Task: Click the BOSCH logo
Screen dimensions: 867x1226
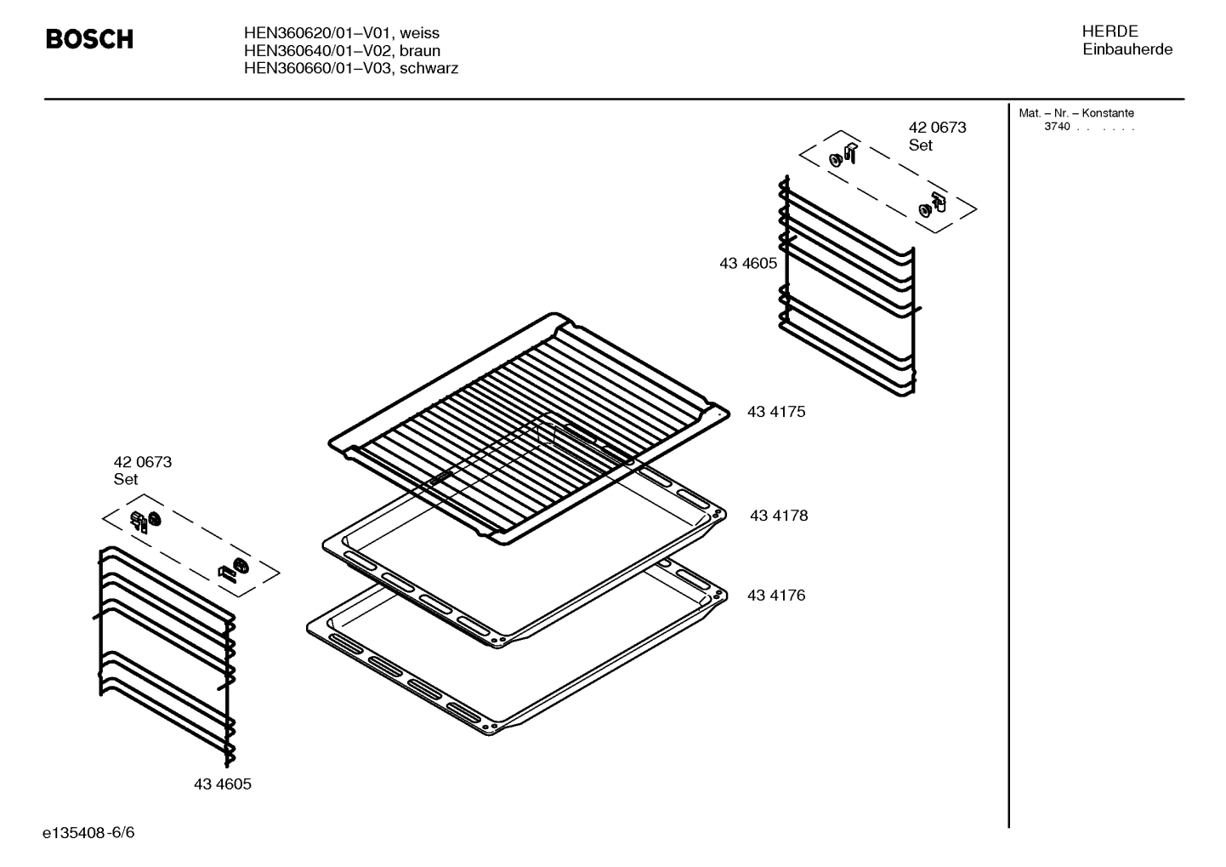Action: click(89, 39)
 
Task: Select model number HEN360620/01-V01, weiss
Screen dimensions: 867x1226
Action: click(341, 33)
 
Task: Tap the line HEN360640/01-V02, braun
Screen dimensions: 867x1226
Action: click(342, 50)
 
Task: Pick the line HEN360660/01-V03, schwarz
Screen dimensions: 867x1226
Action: click(350, 68)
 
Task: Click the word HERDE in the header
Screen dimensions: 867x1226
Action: click(1110, 31)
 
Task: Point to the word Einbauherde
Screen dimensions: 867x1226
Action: click(1127, 49)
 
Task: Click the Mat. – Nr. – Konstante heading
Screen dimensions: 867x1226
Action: click(1076, 113)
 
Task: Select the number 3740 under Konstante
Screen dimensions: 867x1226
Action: click(1057, 127)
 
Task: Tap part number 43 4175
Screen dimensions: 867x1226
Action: click(775, 412)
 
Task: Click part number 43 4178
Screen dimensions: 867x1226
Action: click(778, 516)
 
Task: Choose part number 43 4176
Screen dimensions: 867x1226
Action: click(775, 596)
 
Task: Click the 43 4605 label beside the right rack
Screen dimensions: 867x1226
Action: click(747, 264)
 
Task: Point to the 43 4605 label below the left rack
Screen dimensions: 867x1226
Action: click(222, 784)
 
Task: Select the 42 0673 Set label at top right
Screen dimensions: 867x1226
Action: click(936, 136)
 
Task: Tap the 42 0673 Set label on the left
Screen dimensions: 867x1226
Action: click(142, 471)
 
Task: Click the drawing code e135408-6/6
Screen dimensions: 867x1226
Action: click(88, 832)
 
